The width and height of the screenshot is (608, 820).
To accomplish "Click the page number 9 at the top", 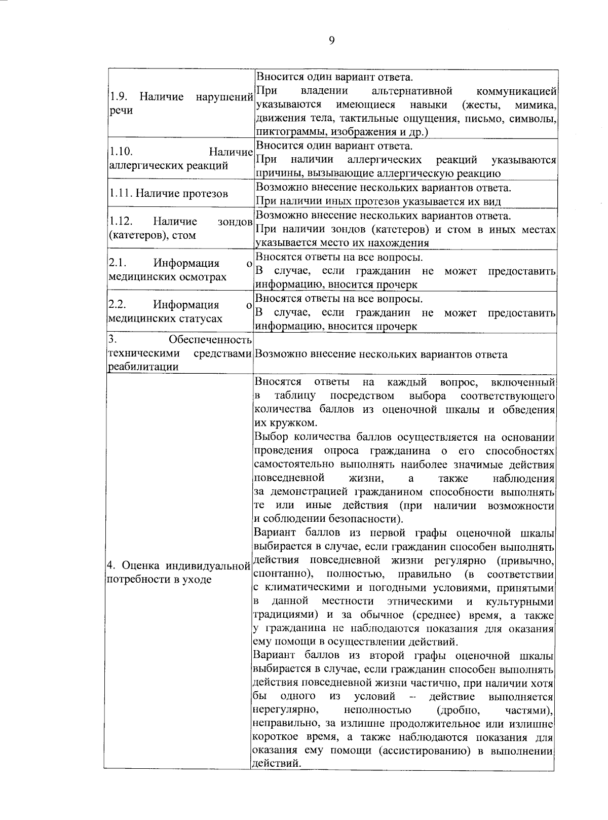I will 332,41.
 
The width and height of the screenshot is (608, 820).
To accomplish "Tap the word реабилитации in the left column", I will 142,367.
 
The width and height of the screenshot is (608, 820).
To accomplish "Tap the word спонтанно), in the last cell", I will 283,574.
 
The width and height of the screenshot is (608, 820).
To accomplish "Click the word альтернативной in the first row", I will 411,91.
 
